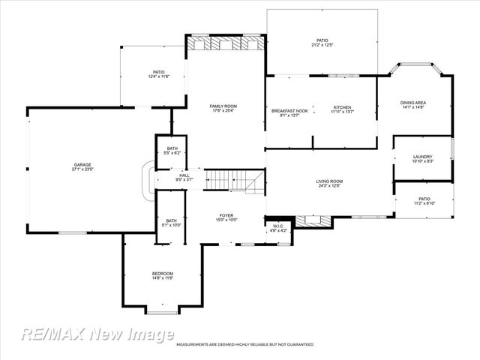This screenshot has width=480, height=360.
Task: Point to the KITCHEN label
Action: tap(342, 107)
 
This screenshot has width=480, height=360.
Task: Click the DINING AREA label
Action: tap(413, 103)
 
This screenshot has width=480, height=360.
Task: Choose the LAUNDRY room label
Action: tap(423, 157)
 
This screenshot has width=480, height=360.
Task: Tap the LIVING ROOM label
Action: tap(329, 181)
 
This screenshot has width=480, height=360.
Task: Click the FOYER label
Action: tap(227, 215)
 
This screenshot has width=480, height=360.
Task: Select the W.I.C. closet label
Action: tap(277, 226)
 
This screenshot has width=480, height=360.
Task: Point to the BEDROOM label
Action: tap(163, 273)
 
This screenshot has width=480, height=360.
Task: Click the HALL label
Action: tap(184, 175)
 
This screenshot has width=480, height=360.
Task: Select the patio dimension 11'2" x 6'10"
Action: tap(424, 203)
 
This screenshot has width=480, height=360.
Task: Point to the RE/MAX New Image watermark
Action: tap(97, 334)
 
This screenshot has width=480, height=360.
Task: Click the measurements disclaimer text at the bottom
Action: tap(244, 344)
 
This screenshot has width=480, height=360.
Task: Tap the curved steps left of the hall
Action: tap(149, 179)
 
